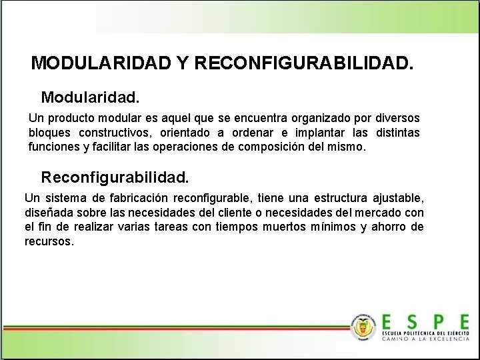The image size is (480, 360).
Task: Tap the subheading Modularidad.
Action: click(x=91, y=97)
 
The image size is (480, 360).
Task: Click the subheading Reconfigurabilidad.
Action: click(x=115, y=178)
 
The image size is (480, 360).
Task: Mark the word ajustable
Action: click(x=397, y=199)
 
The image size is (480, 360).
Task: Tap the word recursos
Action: click(x=49, y=241)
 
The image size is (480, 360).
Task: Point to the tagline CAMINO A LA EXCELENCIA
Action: click(x=425, y=339)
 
